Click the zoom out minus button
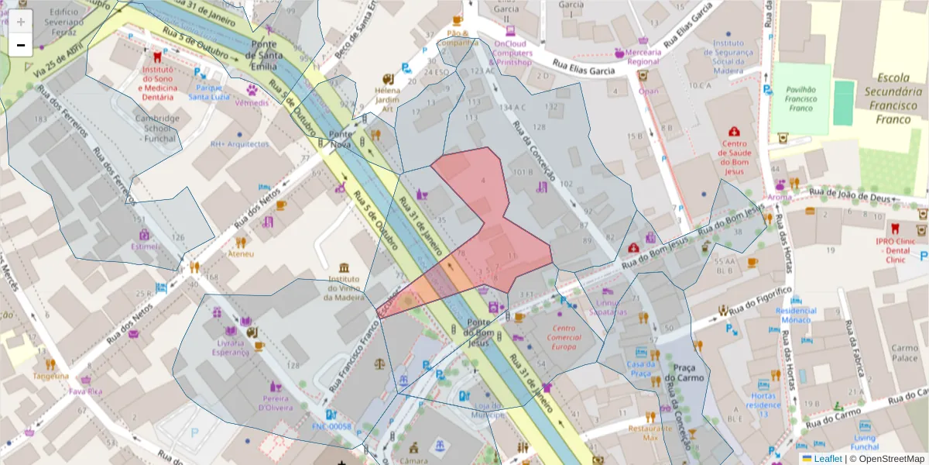[21, 46]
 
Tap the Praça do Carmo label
[686, 374]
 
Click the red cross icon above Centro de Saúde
[734, 132]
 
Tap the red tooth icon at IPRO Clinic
[895, 229]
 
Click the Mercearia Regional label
[643, 57]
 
